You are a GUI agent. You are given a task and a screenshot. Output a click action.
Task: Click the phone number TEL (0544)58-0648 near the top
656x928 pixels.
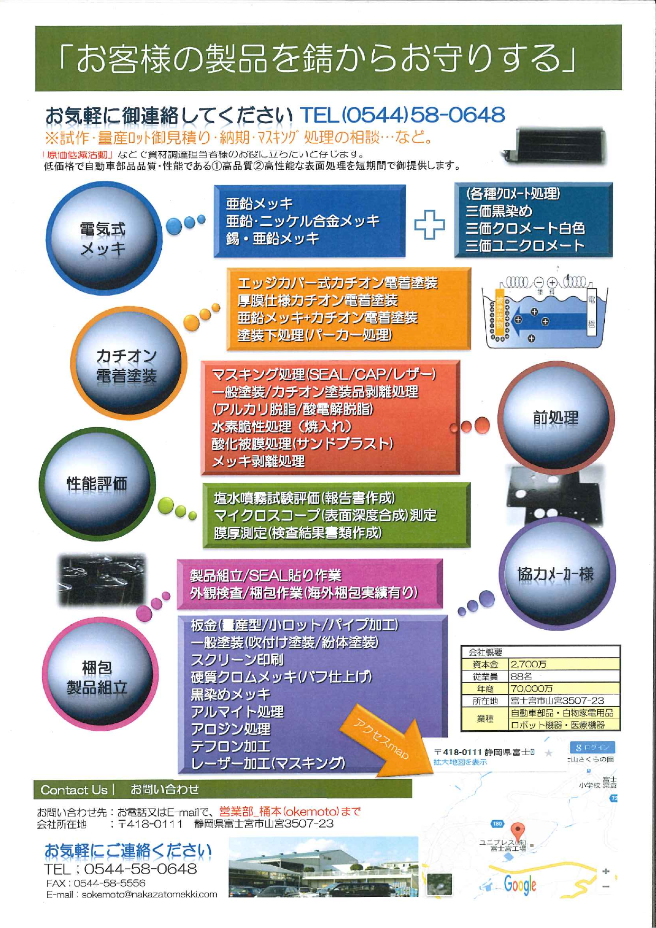402,115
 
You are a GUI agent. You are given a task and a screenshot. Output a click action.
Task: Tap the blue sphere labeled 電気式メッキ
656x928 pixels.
103,238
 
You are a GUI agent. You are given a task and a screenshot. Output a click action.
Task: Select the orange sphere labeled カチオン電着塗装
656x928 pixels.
127,365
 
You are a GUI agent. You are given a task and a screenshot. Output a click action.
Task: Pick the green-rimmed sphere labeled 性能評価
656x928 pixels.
97,483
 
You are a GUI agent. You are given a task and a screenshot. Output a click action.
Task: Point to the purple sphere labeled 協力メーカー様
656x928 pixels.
556,574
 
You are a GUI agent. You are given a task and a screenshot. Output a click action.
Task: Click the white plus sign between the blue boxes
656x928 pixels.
429,224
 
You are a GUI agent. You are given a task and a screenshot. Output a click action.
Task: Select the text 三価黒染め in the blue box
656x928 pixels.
498,211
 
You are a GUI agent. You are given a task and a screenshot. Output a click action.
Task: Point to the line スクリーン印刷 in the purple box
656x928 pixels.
237,659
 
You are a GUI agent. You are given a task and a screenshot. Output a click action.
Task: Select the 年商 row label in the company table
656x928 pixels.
485,688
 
